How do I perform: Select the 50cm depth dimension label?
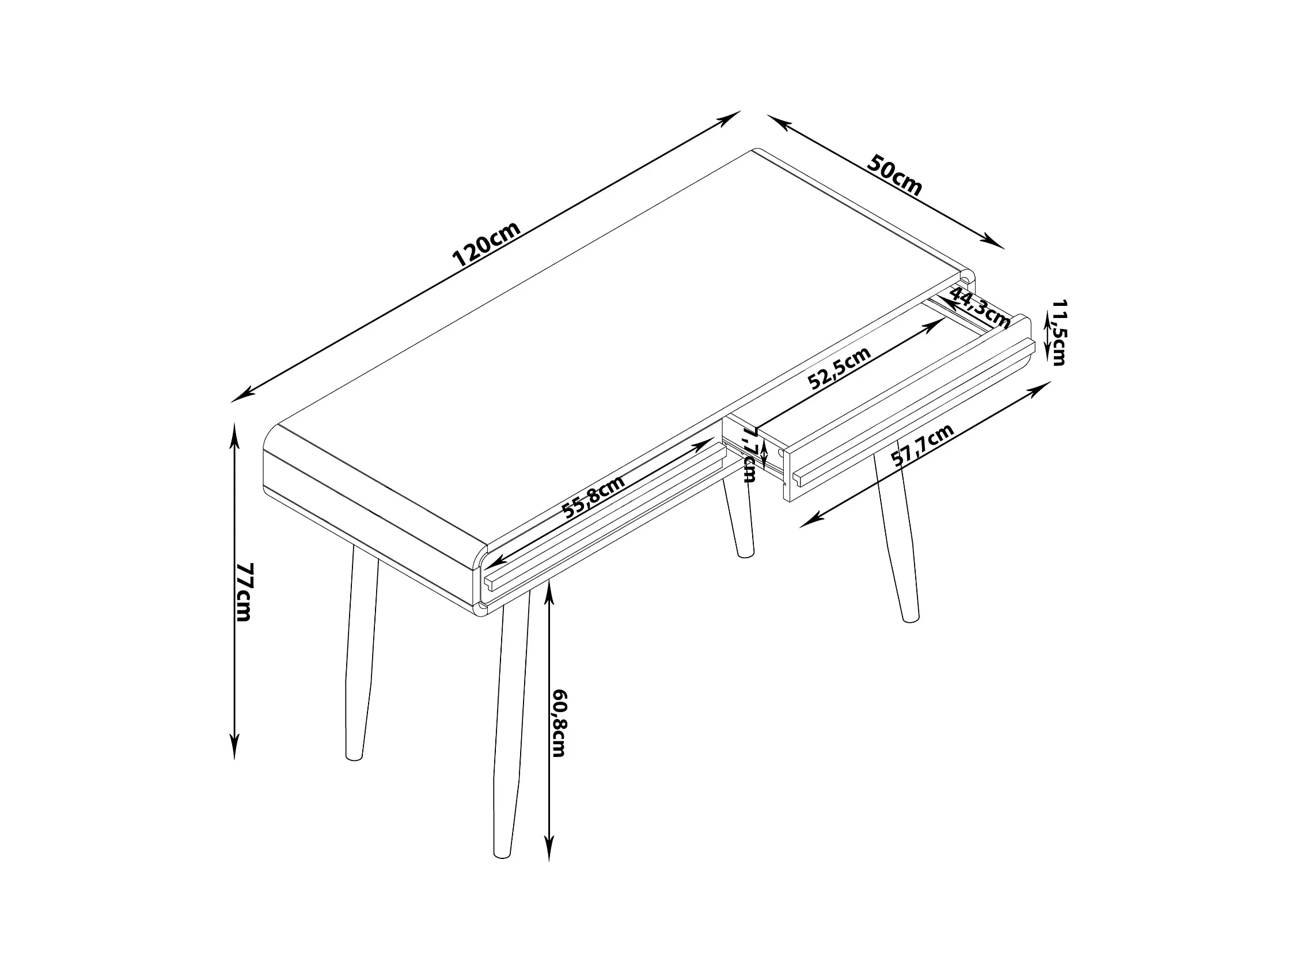894,174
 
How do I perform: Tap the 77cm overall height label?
244,592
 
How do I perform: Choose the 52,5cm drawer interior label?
839,368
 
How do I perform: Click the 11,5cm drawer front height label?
1059,332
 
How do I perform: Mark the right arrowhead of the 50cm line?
995,242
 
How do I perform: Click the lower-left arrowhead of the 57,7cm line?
809,522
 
